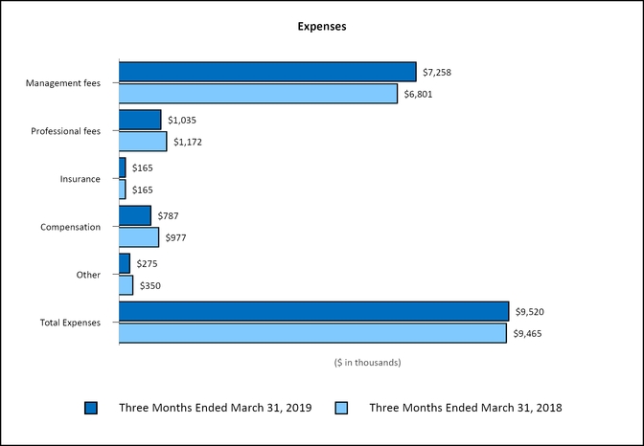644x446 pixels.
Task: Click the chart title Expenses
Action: (x=321, y=27)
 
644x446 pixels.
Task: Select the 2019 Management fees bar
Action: (x=267, y=72)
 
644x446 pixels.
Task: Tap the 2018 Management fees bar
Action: (x=258, y=94)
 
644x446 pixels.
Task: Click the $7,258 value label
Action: (x=439, y=72)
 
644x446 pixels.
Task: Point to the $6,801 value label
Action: (x=420, y=94)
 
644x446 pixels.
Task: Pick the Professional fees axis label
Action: (x=66, y=131)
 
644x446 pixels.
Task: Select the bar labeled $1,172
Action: (x=143, y=142)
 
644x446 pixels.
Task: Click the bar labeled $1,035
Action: (x=140, y=120)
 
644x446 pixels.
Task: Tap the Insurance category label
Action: (x=80, y=179)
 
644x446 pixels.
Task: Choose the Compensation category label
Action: (x=71, y=227)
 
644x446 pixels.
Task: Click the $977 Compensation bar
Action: (x=139, y=237)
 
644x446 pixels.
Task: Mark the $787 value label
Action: (x=170, y=215)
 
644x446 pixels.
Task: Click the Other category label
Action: (x=88, y=275)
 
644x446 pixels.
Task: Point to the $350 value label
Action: (x=152, y=285)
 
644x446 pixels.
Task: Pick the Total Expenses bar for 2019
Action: (x=313, y=311)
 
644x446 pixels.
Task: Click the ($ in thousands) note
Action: (x=367, y=363)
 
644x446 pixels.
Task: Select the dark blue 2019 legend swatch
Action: (x=91, y=408)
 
